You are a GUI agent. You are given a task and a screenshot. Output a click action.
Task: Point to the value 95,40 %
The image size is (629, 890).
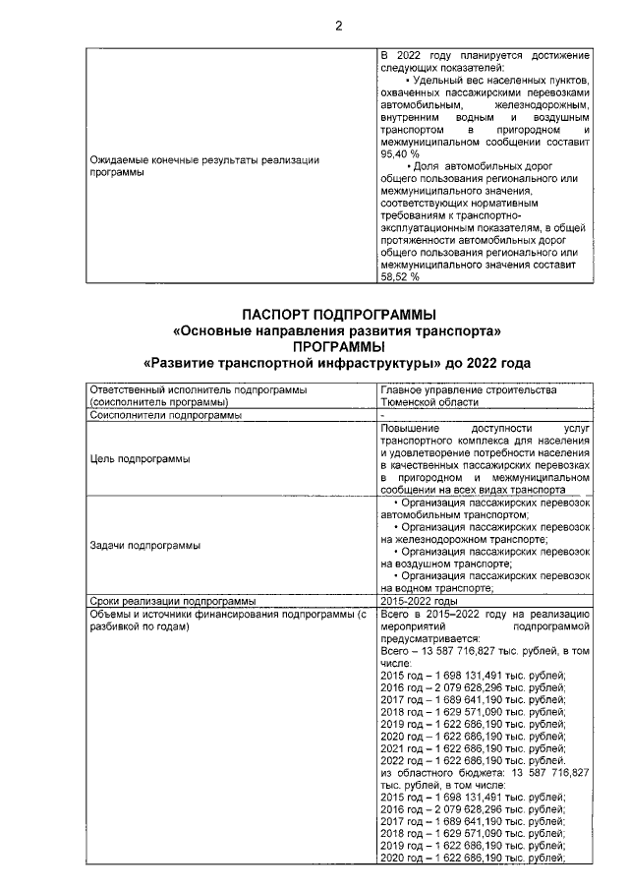399,154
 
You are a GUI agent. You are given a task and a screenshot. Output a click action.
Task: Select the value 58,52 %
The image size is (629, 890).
399,276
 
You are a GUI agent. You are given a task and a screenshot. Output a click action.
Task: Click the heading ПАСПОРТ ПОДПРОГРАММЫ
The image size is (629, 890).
337,314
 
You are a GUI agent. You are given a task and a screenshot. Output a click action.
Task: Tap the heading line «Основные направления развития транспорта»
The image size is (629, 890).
337,330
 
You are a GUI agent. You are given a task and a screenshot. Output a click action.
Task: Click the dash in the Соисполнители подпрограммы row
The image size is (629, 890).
382,415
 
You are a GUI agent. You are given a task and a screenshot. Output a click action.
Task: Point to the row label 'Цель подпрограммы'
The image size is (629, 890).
139,458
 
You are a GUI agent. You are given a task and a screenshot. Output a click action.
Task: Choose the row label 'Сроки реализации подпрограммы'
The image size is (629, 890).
172,600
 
